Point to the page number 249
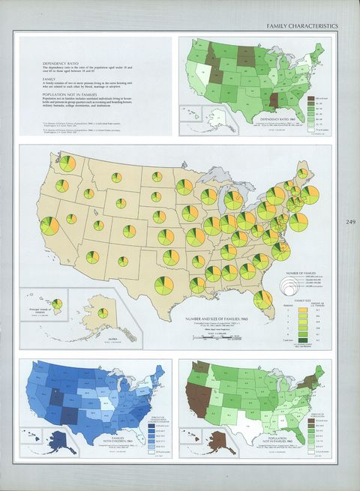click(x=350, y=221)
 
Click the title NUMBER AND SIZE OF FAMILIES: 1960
click(x=224, y=319)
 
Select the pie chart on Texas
click(x=163, y=285)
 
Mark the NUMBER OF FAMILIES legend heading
click(x=301, y=273)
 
